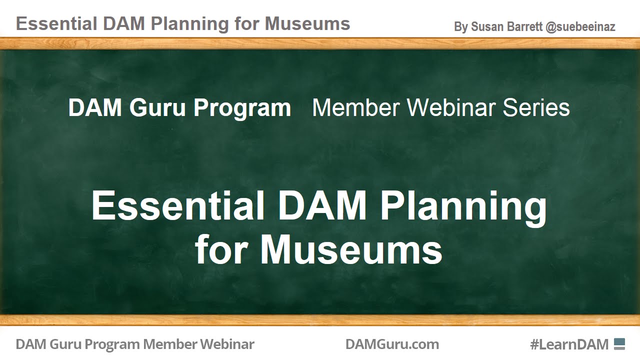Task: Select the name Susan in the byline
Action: click(x=487, y=27)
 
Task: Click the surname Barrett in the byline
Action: click(x=525, y=27)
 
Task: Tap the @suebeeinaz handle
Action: click(x=580, y=27)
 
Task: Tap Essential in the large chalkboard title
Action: click(x=177, y=205)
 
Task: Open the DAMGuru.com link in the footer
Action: click(x=392, y=344)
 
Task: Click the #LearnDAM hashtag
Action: click(x=569, y=344)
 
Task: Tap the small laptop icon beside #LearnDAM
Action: click(x=619, y=343)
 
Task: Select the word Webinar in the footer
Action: click(x=227, y=344)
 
